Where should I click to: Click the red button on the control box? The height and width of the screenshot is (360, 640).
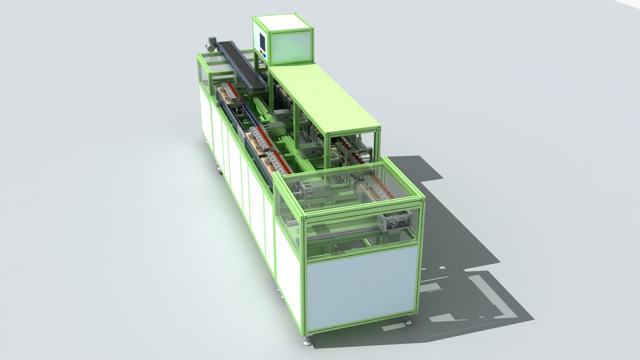pos(261,51)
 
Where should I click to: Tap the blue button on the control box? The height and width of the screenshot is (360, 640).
pos(264,55)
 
